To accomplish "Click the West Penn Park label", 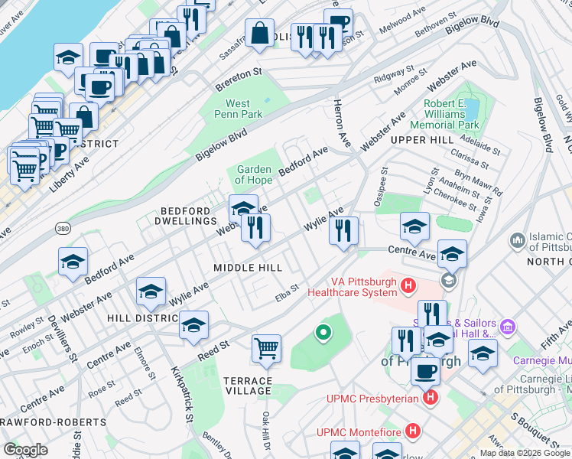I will (x=244, y=109).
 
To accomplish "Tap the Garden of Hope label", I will (x=255, y=174).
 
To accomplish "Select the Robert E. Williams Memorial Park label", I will (x=444, y=113).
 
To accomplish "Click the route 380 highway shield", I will (x=63, y=228).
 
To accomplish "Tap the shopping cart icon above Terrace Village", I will (x=267, y=348).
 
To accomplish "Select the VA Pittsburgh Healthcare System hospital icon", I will (x=408, y=286).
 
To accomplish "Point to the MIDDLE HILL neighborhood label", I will (x=248, y=268).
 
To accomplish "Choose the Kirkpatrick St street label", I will (x=181, y=390).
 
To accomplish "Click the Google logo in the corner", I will (x=25, y=449).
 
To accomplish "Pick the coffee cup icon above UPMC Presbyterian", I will (x=425, y=371).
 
